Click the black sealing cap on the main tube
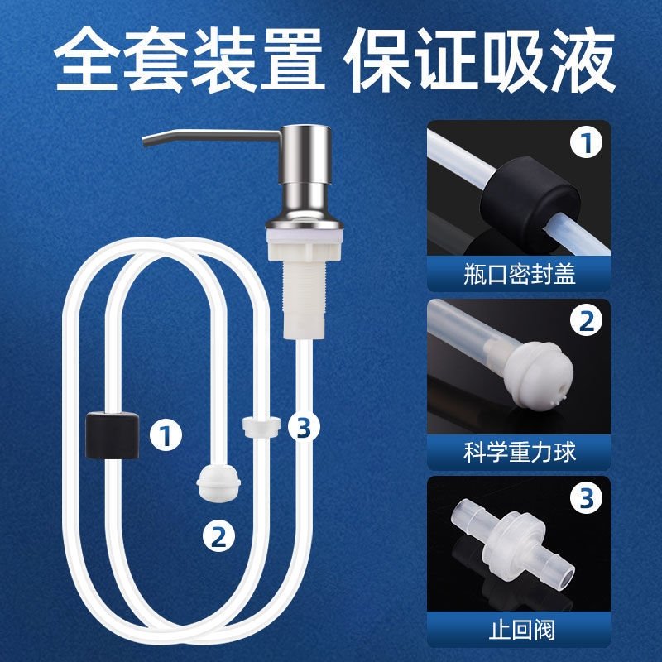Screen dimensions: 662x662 click(113, 436)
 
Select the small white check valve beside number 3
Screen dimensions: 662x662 click(261, 426)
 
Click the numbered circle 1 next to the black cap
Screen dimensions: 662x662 click(166, 435)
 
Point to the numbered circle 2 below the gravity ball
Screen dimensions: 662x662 click(218, 537)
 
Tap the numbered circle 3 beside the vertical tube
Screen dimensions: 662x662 click(304, 427)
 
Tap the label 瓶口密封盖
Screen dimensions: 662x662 click(519, 274)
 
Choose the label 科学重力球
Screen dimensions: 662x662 click(519, 452)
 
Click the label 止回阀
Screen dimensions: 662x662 click(521, 631)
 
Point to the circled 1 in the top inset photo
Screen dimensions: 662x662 click(587, 143)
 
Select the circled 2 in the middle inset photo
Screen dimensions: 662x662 click(587, 322)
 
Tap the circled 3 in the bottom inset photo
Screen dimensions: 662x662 click(587, 499)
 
